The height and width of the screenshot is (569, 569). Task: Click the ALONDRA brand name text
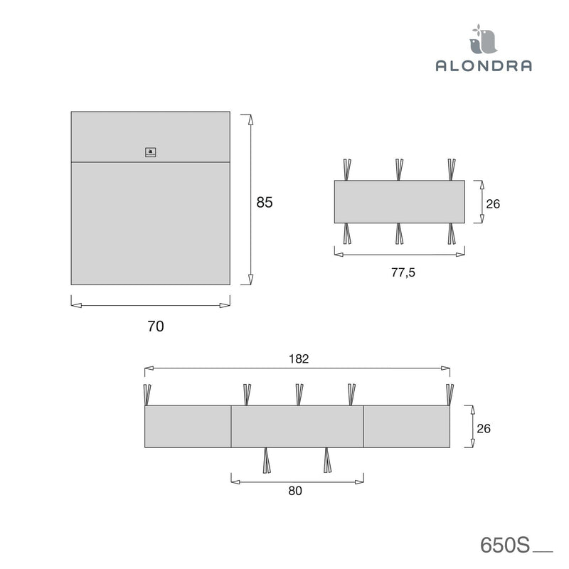pyautogui.click(x=484, y=65)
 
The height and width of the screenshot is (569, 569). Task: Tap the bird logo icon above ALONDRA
pyautogui.click(x=484, y=40)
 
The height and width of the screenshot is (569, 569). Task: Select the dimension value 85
pyautogui.click(x=265, y=202)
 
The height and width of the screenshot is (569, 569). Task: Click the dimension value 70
pyautogui.click(x=155, y=326)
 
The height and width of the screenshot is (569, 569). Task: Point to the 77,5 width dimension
pyautogui.click(x=400, y=274)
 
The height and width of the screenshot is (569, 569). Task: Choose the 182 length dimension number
pyautogui.click(x=299, y=358)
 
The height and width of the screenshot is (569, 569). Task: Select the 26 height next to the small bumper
pyautogui.click(x=493, y=203)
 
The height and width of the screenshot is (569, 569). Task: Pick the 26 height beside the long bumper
pyautogui.click(x=484, y=428)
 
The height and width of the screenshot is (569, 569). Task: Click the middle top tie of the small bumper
pyautogui.click(x=400, y=169)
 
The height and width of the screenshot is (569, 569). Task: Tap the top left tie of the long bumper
pyautogui.click(x=148, y=394)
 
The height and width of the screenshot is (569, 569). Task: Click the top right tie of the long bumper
pyautogui.click(x=449, y=394)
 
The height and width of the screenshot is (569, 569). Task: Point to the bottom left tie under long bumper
pyautogui.click(x=267, y=460)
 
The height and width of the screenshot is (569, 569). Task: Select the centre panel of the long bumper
pyautogui.click(x=297, y=427)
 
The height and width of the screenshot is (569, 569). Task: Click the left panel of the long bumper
pyautogui.click(x=188, y=427)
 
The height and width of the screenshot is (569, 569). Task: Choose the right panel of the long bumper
pyautogui.click(x=407, y=427)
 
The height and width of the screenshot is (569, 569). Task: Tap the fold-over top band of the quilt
pyautogui.click(x=150, y=135)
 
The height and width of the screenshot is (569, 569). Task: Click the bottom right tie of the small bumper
pyautogui.click(x=452, y=234)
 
